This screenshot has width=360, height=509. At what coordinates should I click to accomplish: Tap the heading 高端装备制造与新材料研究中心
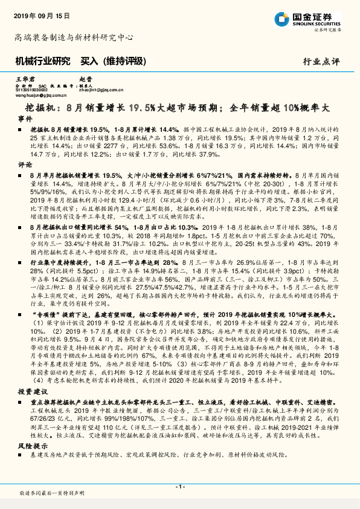click(x=73, y=37)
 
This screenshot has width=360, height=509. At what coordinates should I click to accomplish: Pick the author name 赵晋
click(x=85, y=79)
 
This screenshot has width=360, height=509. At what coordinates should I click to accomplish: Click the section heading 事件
click(x=25, y=119)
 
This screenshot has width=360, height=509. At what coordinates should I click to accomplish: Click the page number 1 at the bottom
click(x=180, y=486)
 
